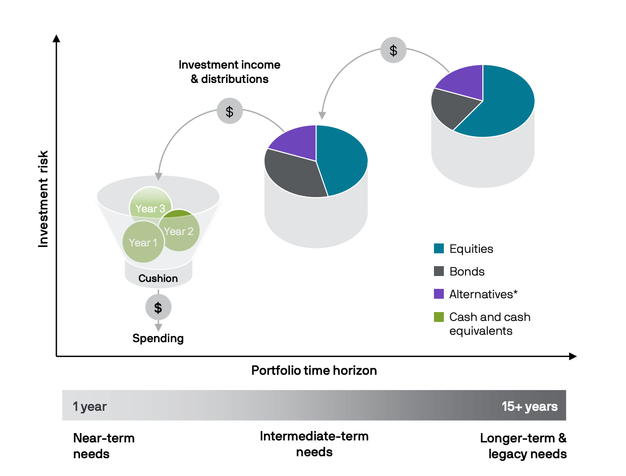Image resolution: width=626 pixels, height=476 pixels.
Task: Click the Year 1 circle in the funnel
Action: click(143, 242)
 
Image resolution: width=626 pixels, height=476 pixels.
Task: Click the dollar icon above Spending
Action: click(158, 308)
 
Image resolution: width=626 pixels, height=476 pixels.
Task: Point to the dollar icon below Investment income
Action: click(230, 111)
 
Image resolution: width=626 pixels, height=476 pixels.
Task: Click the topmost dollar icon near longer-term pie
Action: click(393, 50)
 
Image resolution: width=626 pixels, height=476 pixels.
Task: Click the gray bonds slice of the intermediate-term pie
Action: click(294, 174)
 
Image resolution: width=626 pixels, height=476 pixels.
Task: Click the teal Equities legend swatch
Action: click(438, 248)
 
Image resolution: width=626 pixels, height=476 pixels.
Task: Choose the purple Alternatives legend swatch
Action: click(438, 294)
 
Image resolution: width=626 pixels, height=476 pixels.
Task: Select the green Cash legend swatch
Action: click(438, 317)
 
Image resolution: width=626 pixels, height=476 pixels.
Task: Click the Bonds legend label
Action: click(467, 272)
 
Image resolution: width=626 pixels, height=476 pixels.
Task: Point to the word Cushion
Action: click(158, 278)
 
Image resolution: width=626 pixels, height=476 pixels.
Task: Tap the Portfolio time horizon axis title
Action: click(314, 370)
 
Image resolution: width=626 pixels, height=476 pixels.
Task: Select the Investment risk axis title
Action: click(43, 199)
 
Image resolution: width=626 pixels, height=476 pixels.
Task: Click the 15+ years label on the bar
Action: click(529, 406)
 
